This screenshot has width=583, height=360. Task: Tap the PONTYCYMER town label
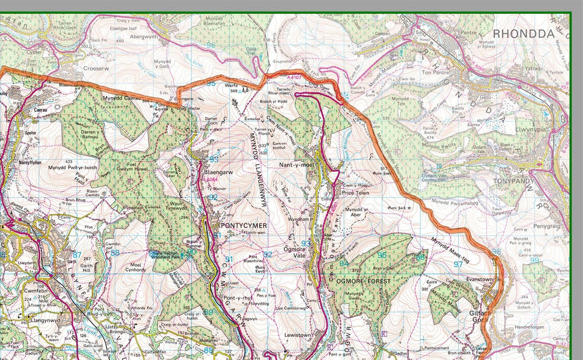coord(243,226)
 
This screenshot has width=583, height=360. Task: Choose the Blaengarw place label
coord(220,172)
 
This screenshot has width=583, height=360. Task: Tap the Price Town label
coord(355,193)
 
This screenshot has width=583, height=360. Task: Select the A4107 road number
coord(294,77)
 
